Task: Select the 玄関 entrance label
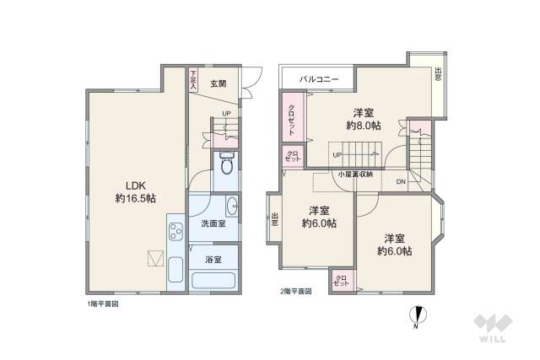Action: click(x=218, y=83)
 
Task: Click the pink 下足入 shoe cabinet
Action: click(x=192, y=79)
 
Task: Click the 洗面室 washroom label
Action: click(x=213, y=223)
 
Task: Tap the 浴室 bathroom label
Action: click(x=213, y=260)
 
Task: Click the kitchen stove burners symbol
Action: click(x=175, y=232)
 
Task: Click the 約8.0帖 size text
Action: click(x=363, y=126)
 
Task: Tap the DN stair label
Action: click(x=401, y=181)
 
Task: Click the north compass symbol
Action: click(x=415, y=316)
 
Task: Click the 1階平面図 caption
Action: click(x=103, y=302)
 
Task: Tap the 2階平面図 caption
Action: click(x=296, y=292)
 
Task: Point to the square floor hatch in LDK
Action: click(x=155, y=258)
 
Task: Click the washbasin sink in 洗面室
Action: click(x=232, y=207)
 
